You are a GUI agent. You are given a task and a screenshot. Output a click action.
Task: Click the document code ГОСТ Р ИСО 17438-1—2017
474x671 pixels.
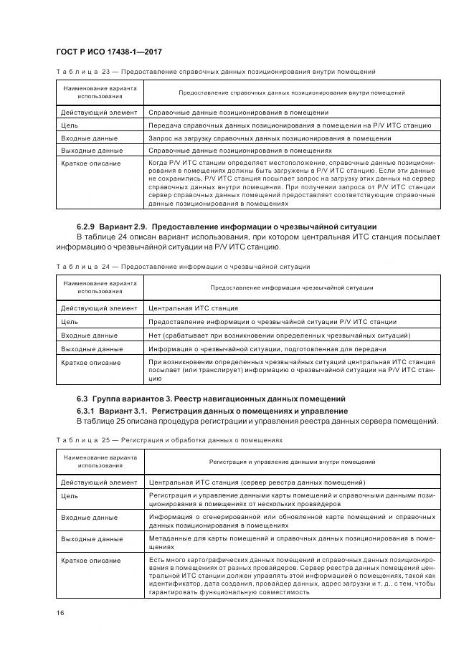[108, 52]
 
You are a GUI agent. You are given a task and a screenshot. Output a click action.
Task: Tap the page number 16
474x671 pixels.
[60, 612]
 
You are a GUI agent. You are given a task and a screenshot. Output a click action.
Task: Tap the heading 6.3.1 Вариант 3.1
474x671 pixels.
[121, 410]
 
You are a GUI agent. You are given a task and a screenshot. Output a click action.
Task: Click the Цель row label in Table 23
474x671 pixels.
[69, 125]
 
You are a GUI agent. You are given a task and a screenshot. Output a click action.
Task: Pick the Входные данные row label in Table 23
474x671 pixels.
[89, 138]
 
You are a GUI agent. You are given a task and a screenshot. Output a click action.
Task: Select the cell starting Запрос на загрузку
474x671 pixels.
[270, 138]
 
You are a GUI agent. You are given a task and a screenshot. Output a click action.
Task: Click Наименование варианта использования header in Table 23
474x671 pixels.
[100, 92]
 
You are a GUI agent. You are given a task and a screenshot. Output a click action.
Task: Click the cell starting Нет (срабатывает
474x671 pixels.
[279, 335]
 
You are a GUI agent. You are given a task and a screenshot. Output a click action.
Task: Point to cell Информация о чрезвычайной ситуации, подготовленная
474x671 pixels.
[267, 348]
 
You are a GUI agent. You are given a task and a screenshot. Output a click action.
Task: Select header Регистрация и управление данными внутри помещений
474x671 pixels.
[292, 462]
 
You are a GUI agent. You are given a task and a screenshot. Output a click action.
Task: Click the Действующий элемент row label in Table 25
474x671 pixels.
[98, 482]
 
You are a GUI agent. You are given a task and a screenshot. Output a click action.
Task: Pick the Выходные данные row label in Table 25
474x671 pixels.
[91, 538]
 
